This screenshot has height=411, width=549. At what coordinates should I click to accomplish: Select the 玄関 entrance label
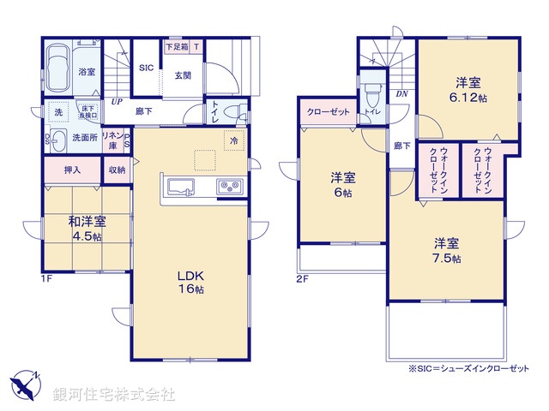(x=184, y=75)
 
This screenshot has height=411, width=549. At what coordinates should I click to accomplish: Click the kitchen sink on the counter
(x=181, y=186)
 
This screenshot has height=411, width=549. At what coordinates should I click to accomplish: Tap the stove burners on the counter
(x=228, y=186)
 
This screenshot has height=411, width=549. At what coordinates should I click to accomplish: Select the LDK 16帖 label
(x=190, y=283)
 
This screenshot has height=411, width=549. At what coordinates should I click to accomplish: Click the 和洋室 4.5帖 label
(x=87, y=229)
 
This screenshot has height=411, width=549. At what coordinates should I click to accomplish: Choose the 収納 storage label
(x=117, y=170)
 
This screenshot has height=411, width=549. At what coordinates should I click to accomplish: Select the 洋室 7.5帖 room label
(x=445, y=249)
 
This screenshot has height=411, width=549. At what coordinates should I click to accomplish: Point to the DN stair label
(x=401, y=93)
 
